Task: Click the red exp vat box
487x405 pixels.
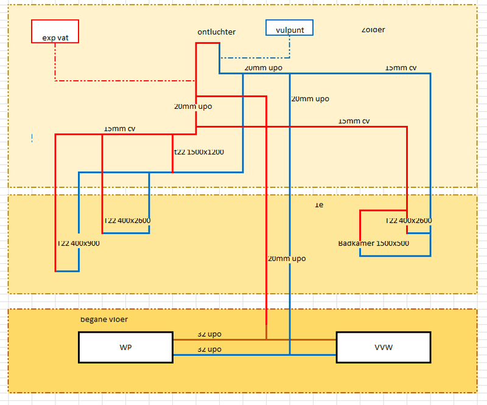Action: [x=55, y=32]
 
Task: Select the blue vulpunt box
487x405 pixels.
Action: [x=290, y=28]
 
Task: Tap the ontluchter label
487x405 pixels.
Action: [x=216, y=32]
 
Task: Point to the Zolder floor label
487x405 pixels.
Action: [x=373, y=30]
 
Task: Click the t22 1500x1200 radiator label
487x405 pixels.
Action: [x=199, y=152]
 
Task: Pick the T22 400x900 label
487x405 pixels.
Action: [x=79, y=243]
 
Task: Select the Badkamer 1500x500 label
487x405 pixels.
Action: [x=373, y=243]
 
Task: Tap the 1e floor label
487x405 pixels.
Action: [x=318, y=205]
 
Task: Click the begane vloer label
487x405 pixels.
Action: [x=104, y=319]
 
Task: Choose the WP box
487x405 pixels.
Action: [x=126, y=347]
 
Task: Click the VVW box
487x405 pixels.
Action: [x=384, y=347]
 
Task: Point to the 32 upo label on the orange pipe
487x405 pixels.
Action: [x=209, y=334]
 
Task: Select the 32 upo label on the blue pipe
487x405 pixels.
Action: [x=209, y=350]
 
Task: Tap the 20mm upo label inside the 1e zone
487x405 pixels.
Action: [x=286, y=258]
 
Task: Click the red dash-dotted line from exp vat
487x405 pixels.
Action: [x=122, y=80]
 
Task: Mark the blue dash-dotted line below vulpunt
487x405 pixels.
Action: [x=256, y=58]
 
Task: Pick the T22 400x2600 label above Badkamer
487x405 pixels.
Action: [x=408, y=221]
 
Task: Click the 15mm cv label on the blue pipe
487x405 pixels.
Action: [x=401, y=68]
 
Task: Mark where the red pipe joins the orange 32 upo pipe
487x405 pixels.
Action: [x=267, y=339]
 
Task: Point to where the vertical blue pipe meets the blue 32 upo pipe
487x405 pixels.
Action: [x=290, y=355]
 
